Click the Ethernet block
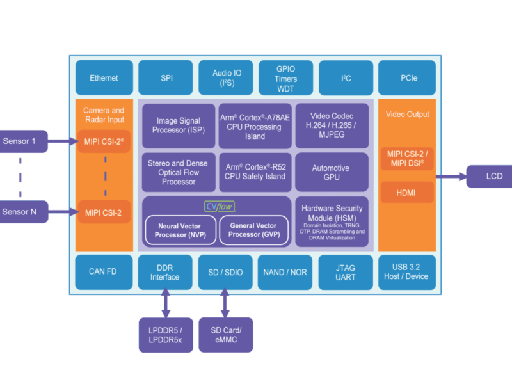(x=104, y=78)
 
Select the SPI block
(x=166, y=78)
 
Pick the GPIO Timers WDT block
(x=285, y=78)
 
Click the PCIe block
(x=408, y=78)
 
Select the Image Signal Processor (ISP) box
(x=179, y=125)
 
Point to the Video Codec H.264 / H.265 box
(x=331, y=125)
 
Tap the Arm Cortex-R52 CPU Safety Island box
(x=255, y=172)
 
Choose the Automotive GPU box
(x=331, y=172)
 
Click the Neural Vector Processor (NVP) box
(x=179, y=230)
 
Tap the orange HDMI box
(x=407, y=191)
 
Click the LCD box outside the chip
(x=489, y=176)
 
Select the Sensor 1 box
(x=23, y=141)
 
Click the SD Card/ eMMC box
(x=225, y=335)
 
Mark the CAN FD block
(x=103, y=272)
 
